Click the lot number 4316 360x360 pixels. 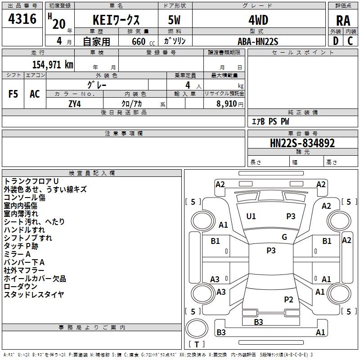click(x=22, y=19)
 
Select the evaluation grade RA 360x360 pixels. click(x=343, y=21)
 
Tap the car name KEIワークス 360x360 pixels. click(x=116, y=20)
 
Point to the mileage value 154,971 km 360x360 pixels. click(x=53, y=65)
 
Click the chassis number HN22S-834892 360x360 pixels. click(x=302, y=143)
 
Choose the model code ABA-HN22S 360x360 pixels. click(x=258, y=41)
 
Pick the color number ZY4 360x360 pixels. click(x=75, y=104)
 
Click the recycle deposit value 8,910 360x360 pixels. click(x=226, y=104)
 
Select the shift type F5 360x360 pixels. click(x=13, y=94)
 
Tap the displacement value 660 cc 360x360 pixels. click(x=143, y=41)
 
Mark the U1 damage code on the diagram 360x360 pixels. click(x=251, y=216)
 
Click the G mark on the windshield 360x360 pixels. click(x=284, y=237)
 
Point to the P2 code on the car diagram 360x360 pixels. click(x=288, y=299)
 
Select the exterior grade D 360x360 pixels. click(x=336, y=41)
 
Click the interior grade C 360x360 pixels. click(x=350, y=41)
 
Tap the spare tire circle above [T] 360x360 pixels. click(x=197, y=328)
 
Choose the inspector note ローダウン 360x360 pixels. click(x=20, y=286)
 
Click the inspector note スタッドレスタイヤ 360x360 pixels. click(x=34, y=294)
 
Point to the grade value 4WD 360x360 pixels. click(x=258, y=20)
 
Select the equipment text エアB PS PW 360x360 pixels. click(x=270, y=121)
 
